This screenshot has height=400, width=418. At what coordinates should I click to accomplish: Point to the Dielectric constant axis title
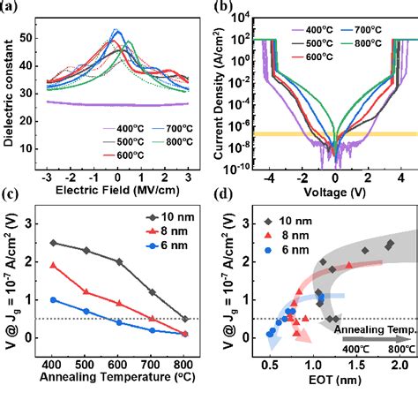point(11,88)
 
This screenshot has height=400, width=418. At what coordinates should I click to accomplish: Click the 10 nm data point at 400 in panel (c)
point(53,243)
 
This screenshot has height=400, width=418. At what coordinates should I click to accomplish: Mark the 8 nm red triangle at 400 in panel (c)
point(53,265)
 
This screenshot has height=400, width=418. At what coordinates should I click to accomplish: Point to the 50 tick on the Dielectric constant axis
point(32,39)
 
